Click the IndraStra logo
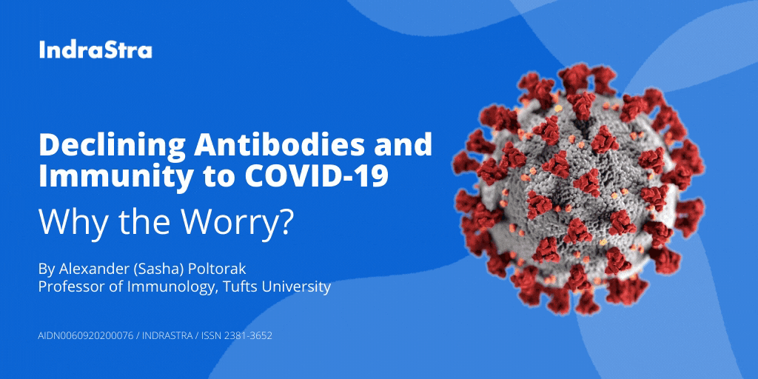[x=95, y=50]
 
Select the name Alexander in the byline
[x=95, y=266]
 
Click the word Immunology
[x=167, y=286]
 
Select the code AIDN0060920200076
[x=85, y=335]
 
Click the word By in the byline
[x=46, y=266]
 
